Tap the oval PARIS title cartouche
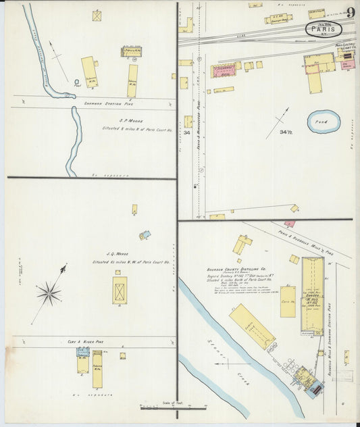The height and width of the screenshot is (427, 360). [x=324, y=29]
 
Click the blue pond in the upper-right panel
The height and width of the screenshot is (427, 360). [x=324, y=122]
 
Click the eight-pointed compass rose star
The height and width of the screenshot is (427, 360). [x=49, y=293]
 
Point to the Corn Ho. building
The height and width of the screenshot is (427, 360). [x=288, y=301]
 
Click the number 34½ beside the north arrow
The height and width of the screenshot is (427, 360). [x=286, y=132]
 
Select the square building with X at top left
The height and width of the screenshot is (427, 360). [x=97, y=15]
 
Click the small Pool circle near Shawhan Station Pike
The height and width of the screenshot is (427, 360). [x=78, y=83]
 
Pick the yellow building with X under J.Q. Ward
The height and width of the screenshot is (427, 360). [x=120, y=289]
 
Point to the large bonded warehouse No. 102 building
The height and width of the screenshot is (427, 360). [x=313, y=286]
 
